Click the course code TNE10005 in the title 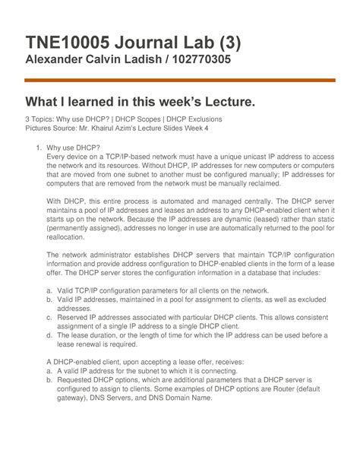pos(72,36)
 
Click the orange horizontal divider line pos(180,80)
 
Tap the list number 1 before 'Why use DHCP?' pos(39,147)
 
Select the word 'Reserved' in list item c pos(74,319)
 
